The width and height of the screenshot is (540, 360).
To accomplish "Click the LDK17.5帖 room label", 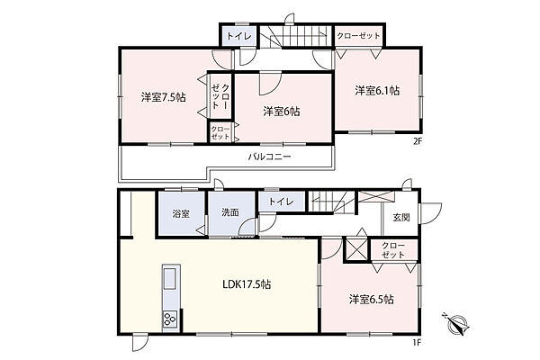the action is point(247,284).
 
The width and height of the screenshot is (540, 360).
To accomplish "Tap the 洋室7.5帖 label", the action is point(163,97).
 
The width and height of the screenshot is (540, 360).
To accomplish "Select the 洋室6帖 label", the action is point(282,112).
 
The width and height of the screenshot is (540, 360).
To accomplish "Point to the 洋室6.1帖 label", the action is point(377,91).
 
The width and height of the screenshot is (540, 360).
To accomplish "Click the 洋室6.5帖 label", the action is point(371,299).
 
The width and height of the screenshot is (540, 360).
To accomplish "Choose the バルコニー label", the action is point(270,157).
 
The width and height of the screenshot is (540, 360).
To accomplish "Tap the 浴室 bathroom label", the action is point(181,213).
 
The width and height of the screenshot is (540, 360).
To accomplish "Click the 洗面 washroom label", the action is point(230,212).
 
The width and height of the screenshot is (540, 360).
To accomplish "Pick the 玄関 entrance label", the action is point(401,218).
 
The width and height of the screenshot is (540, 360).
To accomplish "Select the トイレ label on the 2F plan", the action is point(239,36).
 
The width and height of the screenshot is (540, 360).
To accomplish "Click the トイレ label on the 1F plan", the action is point(282,202).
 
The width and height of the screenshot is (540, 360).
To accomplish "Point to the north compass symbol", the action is point(456,323).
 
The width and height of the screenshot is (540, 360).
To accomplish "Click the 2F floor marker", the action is point(418,141).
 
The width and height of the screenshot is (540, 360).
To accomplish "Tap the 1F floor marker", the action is point(418,342).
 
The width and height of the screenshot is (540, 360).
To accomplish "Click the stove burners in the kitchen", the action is point(170,319).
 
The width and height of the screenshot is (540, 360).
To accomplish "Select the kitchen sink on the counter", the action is point(171,279).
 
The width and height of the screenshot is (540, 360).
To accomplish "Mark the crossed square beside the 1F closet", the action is point(355,248).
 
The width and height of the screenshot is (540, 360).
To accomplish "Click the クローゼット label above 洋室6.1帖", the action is point(358,36).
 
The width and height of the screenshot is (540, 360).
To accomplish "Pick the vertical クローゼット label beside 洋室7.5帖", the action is point(220,96).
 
